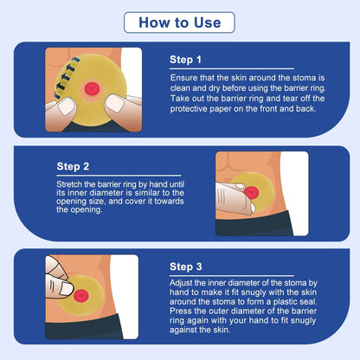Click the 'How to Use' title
coord(180,22)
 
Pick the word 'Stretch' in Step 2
coord(71,184)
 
